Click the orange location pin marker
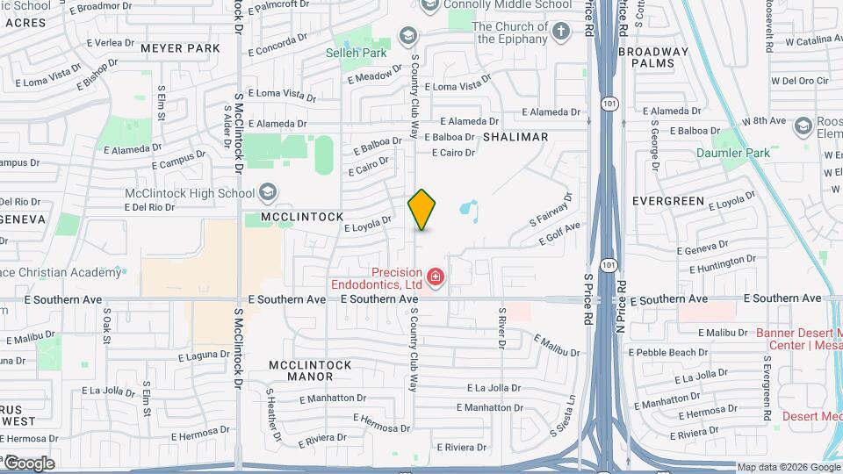(422, 210)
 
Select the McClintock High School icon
(268, 192)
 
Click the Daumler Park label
(732, 153)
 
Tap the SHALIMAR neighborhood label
(515, 137)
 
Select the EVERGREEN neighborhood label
(668, 201)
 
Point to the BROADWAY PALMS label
(653, 58)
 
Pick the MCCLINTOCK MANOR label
(310, 370)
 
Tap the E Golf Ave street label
(560, 234)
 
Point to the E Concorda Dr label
(277, 40)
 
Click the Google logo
(28, 463)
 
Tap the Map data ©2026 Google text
(789, 467)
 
